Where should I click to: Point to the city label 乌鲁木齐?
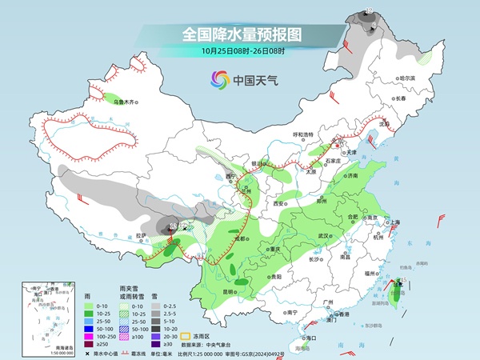126,102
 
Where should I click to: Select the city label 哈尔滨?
408,78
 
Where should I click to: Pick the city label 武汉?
324,236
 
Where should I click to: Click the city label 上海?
394,222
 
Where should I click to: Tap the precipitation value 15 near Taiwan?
404,279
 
